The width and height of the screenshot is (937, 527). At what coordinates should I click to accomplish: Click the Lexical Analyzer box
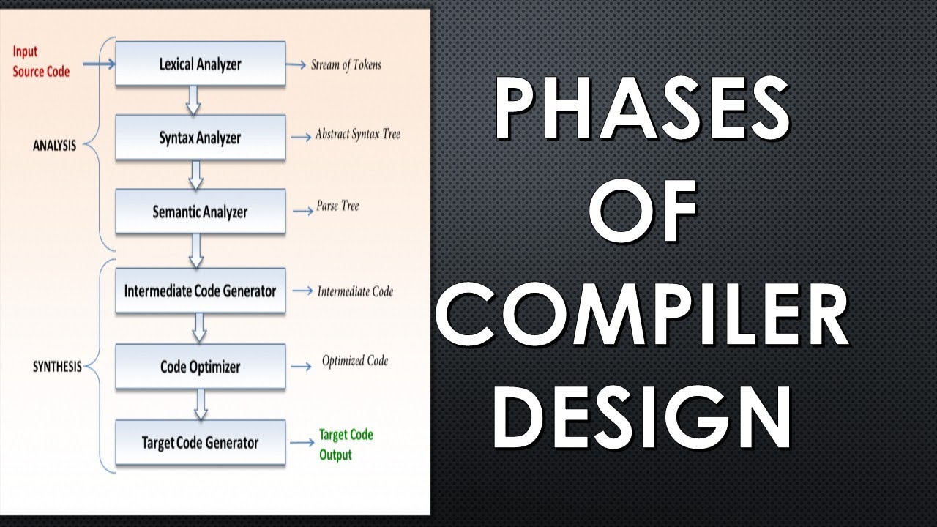pyautogui.click(x=201, y=64)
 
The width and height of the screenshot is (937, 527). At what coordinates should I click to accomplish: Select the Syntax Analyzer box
pyautogui.click(x=201, y=137)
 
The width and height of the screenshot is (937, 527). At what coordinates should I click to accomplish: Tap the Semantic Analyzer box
pyautogui.click(x=201, y=212)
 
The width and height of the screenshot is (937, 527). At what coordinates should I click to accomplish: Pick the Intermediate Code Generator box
pyautogui.click(x=201, y=291)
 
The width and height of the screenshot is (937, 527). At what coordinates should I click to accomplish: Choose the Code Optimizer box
pyautogui.click(x=201, y=367)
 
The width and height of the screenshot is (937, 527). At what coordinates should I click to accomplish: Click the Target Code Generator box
pyautogui.click(x=201, y=442)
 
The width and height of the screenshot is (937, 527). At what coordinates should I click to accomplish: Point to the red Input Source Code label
pyautogui.click(x=41, y=61)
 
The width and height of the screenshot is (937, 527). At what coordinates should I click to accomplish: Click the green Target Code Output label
pyautogui.click(x=346, y=444)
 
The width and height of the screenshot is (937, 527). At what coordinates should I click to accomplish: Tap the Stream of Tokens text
pyautogui.click(x=346, y=65)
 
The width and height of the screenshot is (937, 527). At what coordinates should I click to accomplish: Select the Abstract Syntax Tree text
pyautogui.click(x=358, y=134)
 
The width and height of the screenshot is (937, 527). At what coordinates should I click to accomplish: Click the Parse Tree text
pyautogui.click(x=337, y=206)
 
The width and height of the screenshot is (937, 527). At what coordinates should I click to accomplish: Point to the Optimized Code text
pyautogui.click(x=355, y=361)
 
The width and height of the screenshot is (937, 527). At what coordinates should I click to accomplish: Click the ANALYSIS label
pyautogui.click(x=54, y=146)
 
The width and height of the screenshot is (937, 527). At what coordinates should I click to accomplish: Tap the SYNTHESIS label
pyautogui.click(x=57, y=367)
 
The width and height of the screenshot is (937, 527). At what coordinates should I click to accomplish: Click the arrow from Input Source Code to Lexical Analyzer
pyautogui.click(x=99, y=64)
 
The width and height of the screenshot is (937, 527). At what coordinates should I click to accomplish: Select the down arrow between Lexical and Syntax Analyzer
pyautogui.click(x=193, y=100)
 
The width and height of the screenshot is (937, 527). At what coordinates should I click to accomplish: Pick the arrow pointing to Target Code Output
pyautogui.click(x=302, y=443)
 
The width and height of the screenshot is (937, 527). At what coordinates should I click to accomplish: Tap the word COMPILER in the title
pyautogui.click(x=643, y=314)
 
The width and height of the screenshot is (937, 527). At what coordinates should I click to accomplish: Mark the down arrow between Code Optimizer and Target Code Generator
pyautogui.click(x=201, y=405)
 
